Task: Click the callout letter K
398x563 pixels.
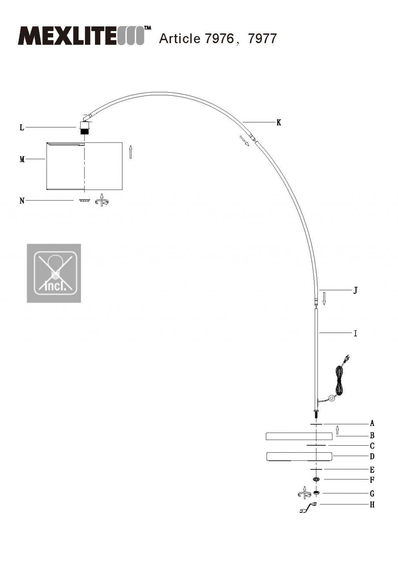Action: coord(279,123)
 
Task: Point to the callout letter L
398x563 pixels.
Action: coord(22,127)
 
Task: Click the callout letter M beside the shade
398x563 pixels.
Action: coord(22,159)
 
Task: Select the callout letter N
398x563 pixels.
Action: coord(22,201)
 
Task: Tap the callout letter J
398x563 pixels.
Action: coord(355,290)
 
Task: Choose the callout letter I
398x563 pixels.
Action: coord(355,333)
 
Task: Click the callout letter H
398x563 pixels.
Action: coord(372,505)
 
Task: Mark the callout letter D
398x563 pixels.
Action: coord(372,457)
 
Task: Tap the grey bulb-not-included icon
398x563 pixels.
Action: coord(54,273)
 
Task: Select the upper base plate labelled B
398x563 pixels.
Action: coord(299,436)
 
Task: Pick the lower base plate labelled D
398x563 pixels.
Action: coord(299,457)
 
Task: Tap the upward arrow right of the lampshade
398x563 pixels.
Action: coord(131,152)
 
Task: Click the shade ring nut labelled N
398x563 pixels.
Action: coord(84,200)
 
